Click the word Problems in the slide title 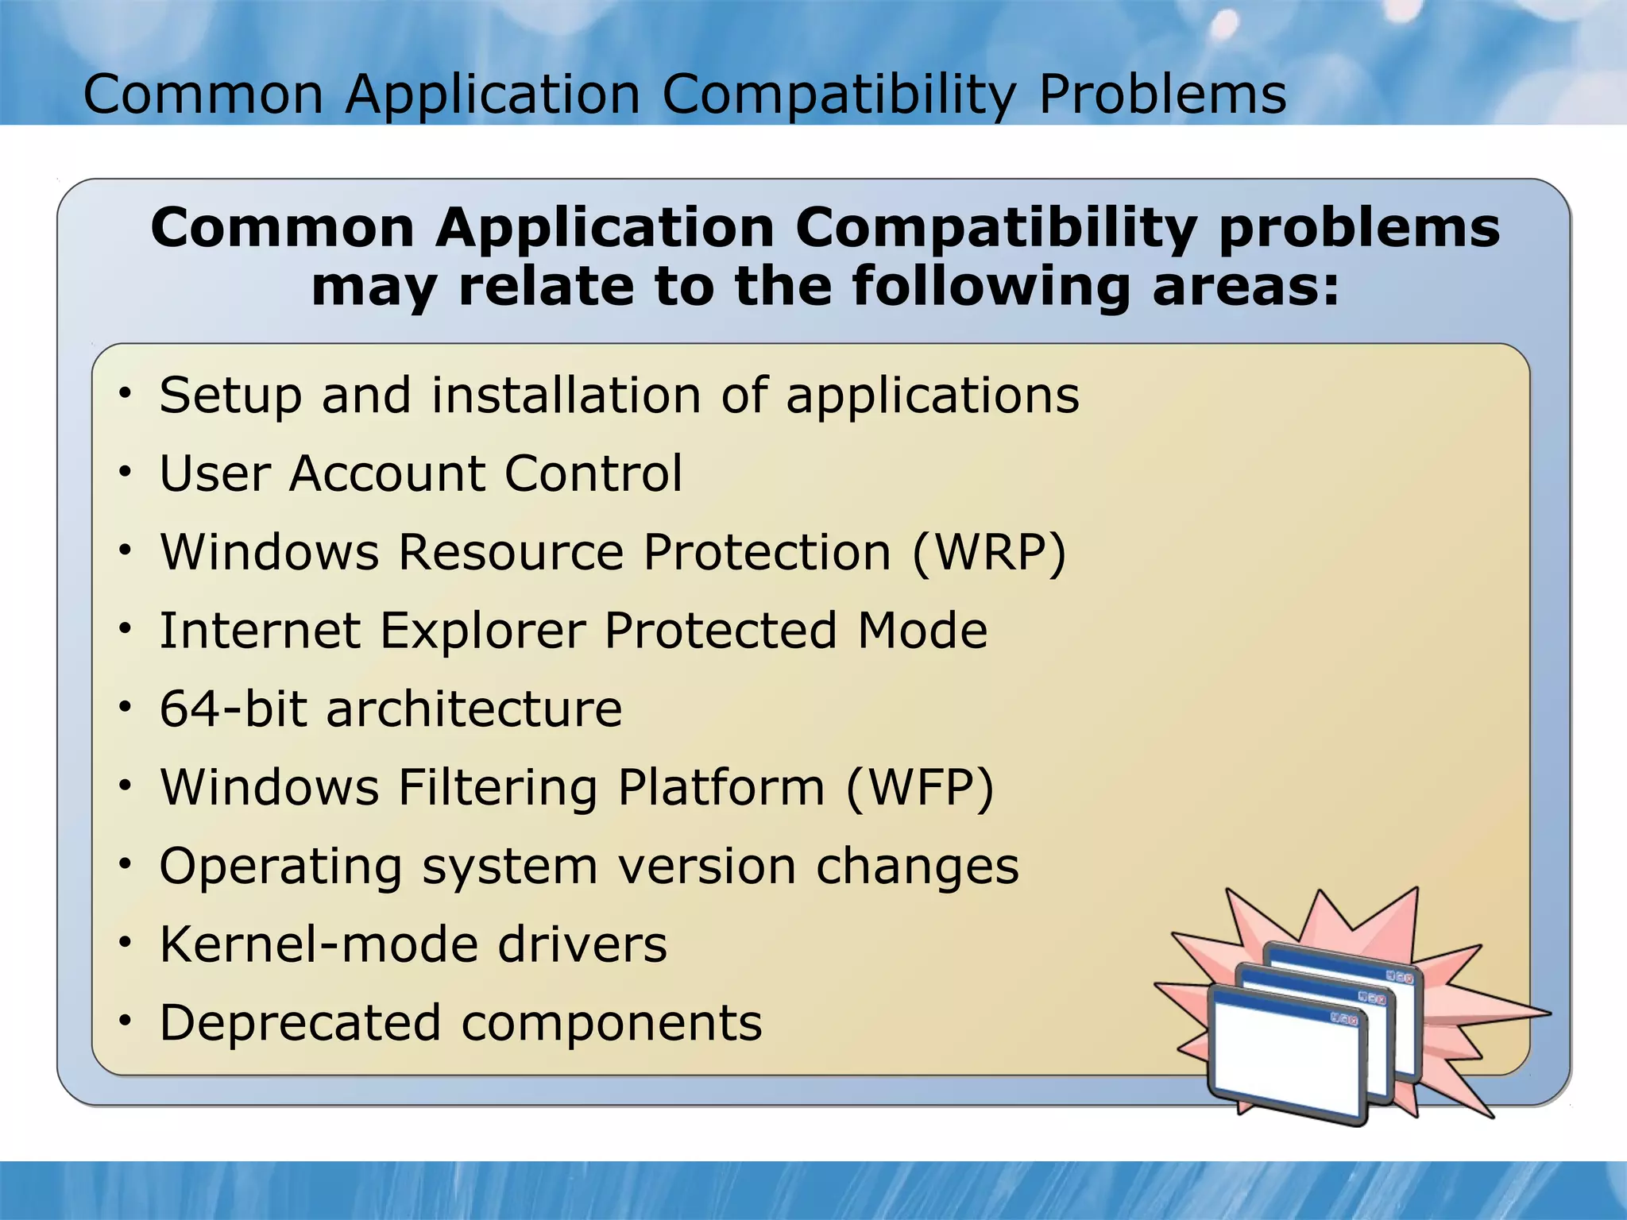(1162, 95)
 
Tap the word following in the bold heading (990, 287)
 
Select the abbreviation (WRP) (989, 552)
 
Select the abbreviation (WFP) (919, 788)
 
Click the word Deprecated (300, 1022)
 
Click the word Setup (230, 396)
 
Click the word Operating (280, 867)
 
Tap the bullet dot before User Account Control (125, 473)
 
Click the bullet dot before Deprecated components (125, 1021)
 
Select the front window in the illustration (1285, 1057)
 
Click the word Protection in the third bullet (767, 552)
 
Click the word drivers (582, 944)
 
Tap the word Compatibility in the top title (839, 95)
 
